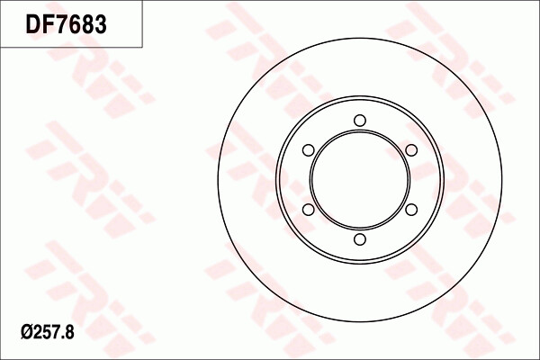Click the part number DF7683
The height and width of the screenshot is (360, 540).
tap(66, 24)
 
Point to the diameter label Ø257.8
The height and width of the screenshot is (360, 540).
tap(48, 332)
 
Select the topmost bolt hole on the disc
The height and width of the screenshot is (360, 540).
tap(360, 121)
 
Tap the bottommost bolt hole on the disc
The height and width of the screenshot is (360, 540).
tap(360, 239)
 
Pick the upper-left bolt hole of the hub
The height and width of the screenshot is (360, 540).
tap(308, 150)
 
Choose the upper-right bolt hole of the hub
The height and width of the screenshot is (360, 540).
tap(411, 150)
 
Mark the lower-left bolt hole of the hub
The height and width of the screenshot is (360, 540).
tap(308, 210)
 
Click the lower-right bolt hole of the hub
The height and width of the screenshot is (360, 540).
tap(411, 210)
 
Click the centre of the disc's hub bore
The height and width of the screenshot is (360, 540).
tap(360, 180)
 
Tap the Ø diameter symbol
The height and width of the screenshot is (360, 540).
tap(26, 332)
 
